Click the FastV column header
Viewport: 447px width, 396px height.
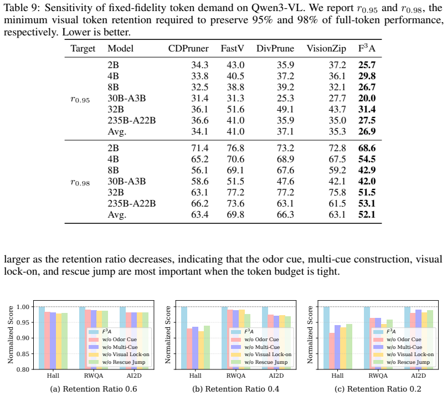232,49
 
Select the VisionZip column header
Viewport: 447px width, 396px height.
326,49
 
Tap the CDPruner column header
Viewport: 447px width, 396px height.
188,49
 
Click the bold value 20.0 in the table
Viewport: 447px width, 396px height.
367,98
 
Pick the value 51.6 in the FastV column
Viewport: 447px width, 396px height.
235,109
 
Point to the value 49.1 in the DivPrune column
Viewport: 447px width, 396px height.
285,109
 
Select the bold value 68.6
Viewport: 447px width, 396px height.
367,148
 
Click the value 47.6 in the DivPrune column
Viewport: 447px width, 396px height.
285,181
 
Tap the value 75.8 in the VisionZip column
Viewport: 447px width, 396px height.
337,192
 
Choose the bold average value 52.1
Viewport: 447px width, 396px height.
367,214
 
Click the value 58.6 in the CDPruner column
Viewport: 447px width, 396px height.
200,181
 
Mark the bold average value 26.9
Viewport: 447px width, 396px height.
367,131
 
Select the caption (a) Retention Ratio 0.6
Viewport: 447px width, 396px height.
94,389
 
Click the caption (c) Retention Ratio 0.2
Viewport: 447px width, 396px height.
378,389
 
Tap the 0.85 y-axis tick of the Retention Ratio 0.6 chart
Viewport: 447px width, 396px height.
23,354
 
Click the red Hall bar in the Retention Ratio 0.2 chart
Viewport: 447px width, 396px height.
332,351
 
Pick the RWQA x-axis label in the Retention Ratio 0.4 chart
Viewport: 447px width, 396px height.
236,376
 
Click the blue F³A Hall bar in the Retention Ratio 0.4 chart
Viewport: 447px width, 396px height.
184,338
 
